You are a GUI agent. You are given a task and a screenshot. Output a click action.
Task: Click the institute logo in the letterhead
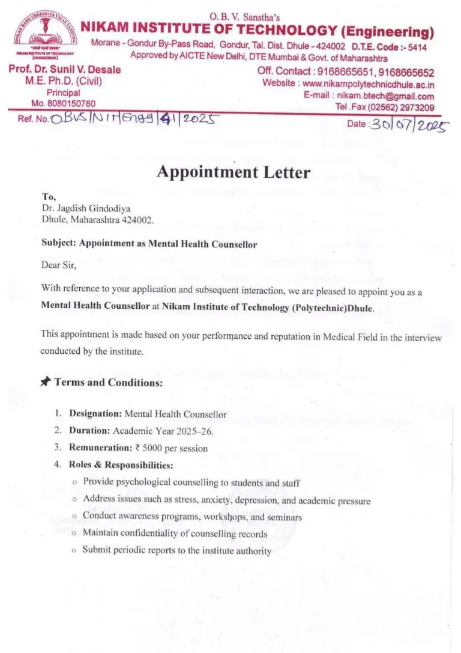(45, 37)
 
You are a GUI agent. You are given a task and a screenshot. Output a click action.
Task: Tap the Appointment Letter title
(234, 172)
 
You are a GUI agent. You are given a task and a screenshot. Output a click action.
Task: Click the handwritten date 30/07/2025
(410, 124)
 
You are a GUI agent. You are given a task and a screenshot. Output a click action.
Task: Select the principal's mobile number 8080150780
(70, 104)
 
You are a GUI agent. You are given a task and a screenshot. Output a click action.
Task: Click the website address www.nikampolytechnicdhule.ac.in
(368, 84)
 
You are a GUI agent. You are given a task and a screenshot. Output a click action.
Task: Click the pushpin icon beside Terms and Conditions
(46, 381)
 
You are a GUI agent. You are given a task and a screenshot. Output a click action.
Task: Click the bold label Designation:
(95, 414)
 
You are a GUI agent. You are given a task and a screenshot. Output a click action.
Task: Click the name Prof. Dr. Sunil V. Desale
(65, 70)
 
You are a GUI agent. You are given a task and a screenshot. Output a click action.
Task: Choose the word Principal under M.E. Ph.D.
(63, 93)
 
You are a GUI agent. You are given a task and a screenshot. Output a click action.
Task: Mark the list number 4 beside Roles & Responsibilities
(58, 464)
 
